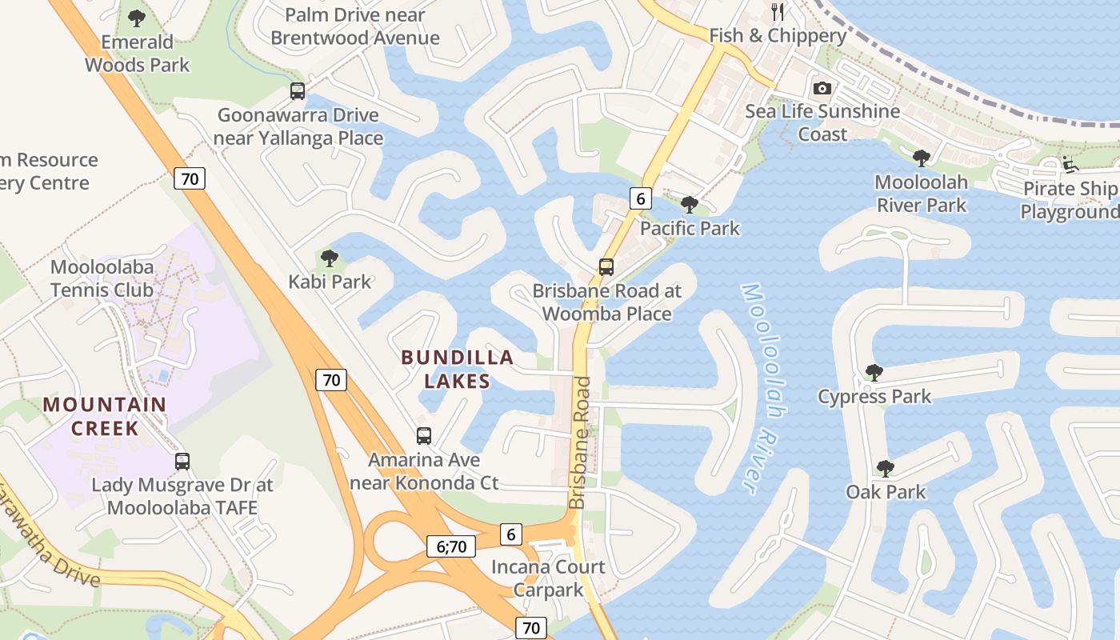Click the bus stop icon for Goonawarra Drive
[x=298, y=91]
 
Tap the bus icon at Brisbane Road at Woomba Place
[x=606, y=267]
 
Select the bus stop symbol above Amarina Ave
[x=424, y=436]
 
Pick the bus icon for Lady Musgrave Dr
[x=182, y=462]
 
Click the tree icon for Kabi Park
[x=329, y=258]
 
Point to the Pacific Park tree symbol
[x=689, y=205]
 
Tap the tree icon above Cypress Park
[x=874, y=373]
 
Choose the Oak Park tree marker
[x=885, y=469]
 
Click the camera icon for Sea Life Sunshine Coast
[x=822, y=89]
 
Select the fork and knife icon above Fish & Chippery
[x=777, y=11]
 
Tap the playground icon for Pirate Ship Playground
[x=1070, y=166]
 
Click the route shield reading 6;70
[x=451, y=546]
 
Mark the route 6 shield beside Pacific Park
[x=640, y=198]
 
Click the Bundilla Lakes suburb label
[x=457, y=369]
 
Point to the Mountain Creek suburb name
[x=105, y=416]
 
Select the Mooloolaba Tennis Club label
[x=102, y=278]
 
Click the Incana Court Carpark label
[x=548, y=578]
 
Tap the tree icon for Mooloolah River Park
[x=922, y=158]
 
